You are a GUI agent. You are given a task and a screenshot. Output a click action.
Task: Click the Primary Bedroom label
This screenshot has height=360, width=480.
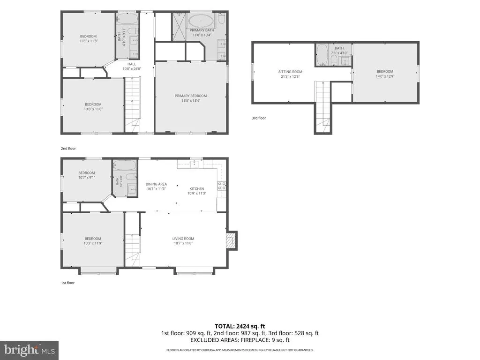point(191,96)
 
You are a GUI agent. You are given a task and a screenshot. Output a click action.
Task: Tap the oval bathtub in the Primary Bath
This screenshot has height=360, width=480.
point(201,21)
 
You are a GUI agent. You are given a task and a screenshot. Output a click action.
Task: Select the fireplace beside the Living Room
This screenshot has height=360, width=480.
point(232,240)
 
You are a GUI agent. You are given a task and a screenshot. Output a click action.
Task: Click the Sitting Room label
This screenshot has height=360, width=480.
point(290,72)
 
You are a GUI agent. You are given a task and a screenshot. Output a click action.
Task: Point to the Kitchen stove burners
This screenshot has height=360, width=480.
point(222,186)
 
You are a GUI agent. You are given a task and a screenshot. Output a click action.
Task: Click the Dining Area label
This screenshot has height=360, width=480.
point(156,184)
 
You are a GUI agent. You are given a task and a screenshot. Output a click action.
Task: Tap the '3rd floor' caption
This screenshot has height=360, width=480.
point(259,118)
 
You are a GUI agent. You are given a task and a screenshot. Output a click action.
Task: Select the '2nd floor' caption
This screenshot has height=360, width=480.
point(68,149)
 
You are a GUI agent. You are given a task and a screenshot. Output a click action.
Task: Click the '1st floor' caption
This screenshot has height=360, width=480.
point(67,283)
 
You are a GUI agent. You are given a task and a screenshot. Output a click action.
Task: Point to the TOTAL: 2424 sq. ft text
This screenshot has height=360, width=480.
point(240,326)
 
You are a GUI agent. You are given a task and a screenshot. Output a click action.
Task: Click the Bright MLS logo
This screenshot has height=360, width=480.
point(30,350)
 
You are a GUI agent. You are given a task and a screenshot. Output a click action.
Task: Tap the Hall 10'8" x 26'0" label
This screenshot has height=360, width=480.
point(132,67)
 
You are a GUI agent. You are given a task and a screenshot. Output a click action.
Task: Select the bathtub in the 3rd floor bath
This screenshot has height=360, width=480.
point(322,54)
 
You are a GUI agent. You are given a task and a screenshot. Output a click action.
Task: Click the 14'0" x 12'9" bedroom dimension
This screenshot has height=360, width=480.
point(385,76)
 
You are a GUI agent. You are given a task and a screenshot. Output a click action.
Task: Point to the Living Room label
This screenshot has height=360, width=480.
point(183,239)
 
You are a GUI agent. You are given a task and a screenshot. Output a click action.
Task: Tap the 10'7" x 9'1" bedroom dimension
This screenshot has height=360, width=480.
point(87,177)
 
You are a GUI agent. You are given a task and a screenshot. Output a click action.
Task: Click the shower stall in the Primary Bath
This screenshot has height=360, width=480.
point(179,27)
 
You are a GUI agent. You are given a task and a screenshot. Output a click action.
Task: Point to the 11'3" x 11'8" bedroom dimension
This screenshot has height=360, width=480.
point(89,41)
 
